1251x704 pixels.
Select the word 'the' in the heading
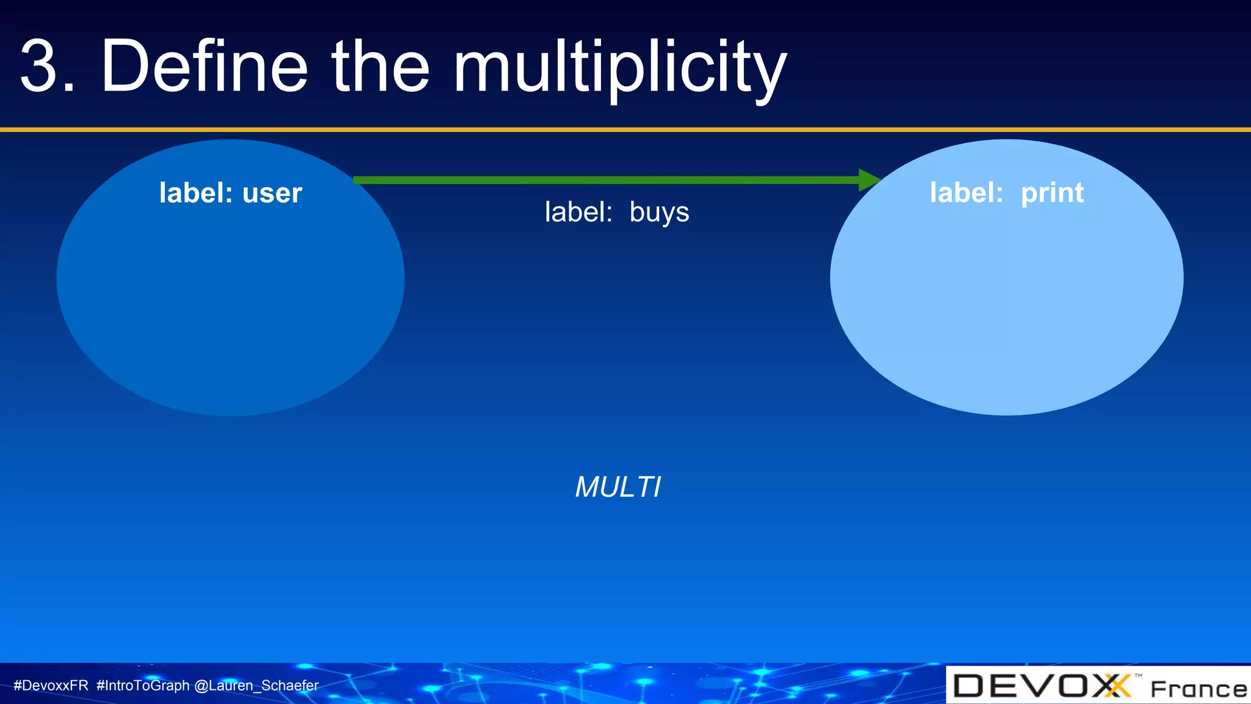tap(380, 66)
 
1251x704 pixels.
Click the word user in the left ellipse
tap(272, 194)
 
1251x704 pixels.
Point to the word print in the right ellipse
tap(1052, 194)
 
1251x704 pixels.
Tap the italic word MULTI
tap(618, 488)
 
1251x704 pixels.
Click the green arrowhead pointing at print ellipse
tap(869, 180)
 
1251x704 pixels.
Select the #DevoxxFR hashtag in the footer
tap(51, 686)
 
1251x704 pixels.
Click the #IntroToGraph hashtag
tap(143, 686)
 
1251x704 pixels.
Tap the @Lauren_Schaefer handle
tap(257, 686)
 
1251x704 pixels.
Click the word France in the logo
tap(1198, 689)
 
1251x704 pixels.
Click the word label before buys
tap(578, 213)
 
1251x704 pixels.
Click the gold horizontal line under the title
tap(625, 130)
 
